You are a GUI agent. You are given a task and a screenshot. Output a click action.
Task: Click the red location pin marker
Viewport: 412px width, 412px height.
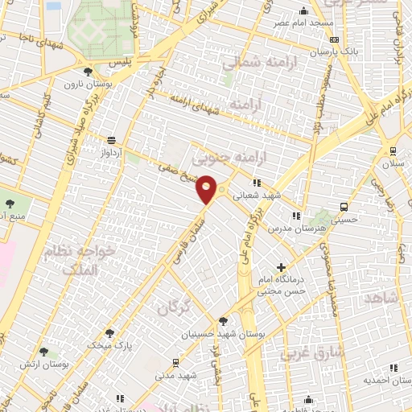tap(206, 189)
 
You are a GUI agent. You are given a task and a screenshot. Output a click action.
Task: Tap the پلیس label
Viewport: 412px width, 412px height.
tap(121, 60)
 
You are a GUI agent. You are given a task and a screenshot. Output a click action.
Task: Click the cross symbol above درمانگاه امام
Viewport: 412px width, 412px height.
tap(281, 267)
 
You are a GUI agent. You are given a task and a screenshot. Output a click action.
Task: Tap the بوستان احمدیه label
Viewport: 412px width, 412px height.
tap(382, 379)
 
